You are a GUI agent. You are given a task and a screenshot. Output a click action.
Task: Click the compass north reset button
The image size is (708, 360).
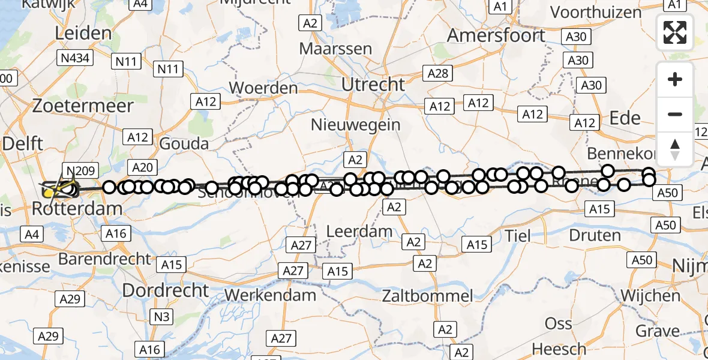tap(675, 149)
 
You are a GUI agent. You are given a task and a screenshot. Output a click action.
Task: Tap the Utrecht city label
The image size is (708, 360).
tap(373, 85)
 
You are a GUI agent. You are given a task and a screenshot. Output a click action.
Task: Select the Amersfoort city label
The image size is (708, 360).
tap(496, 35)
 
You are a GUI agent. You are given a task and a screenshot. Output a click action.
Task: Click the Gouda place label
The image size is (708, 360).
tap(184, 144)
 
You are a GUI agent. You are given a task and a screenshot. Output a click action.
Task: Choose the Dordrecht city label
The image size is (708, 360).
tap(166, 290)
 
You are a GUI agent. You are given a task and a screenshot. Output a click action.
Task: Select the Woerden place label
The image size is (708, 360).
tap(263, 88)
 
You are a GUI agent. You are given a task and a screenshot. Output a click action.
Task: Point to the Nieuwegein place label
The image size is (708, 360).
tap(356, 125)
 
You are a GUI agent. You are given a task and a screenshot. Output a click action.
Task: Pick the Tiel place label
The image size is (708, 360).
tap(518, 236)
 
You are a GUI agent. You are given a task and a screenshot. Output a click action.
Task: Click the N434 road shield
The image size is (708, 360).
tap(74, 58)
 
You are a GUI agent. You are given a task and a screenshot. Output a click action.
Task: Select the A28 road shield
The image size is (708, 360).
tap(438, 74)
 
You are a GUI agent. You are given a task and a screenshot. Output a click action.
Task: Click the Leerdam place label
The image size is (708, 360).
tap(359, 231)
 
